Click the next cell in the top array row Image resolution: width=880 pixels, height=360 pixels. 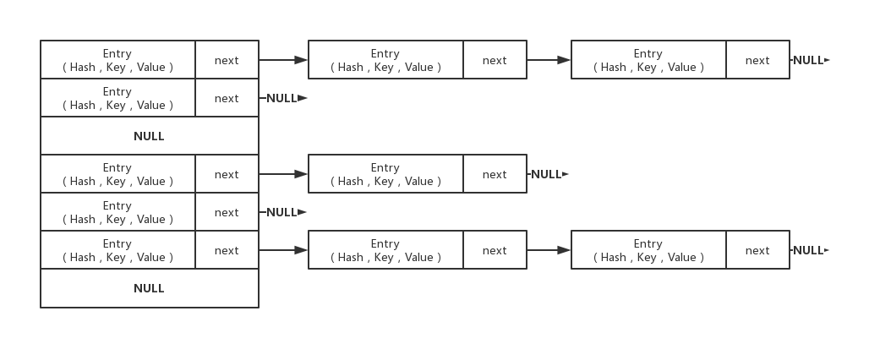[227, 60]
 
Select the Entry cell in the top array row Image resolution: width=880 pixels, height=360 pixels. [118, 60]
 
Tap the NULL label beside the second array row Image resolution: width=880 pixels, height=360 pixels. [281, 98]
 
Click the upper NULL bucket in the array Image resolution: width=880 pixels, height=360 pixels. [149, 136]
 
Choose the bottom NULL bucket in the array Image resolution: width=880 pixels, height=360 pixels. [149, 288]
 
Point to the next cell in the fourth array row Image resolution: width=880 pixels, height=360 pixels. [227, 174]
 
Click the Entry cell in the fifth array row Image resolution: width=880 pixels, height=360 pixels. [118, 212]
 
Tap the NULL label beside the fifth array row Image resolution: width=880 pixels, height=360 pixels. [281, 212]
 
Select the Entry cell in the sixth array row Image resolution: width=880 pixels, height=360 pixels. [118, 250]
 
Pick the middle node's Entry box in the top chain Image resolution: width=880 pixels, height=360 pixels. [385, 60]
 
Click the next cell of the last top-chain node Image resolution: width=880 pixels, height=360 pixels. [757, 60]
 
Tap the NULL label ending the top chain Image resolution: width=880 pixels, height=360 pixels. [808, 60]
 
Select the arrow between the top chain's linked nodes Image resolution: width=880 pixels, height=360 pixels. [549, 60]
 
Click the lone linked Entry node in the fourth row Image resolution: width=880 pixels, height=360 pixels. [385, 174]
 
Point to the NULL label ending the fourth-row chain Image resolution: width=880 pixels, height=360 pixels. [546, 174]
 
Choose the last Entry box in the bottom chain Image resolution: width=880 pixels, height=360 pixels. [648, 250]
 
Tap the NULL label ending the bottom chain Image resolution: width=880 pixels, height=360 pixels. [808, 250]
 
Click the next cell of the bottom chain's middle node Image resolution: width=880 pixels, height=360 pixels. [495, 250]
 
